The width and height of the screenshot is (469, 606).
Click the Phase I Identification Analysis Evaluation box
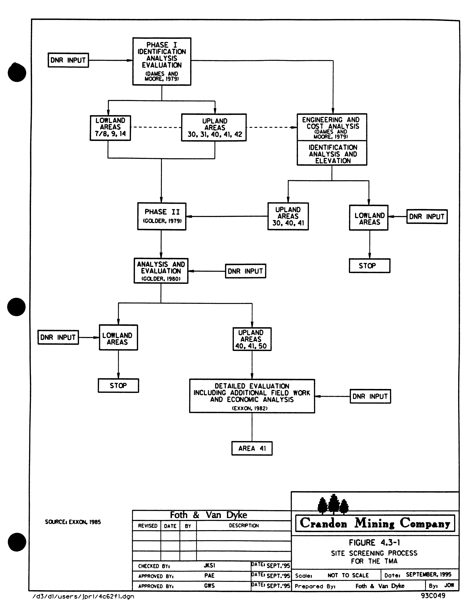[x=162, y=61]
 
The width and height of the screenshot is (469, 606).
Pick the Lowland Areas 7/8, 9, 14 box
[x=110, y=128]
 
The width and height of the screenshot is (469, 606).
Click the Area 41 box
[x=252, y=448]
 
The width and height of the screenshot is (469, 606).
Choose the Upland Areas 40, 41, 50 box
[x=252, y=339]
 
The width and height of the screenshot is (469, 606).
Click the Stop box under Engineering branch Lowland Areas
[x=369, y=266]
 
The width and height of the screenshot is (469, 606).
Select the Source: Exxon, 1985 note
[x=73, y=522]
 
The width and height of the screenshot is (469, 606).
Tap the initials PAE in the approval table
[x=209, y=575]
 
